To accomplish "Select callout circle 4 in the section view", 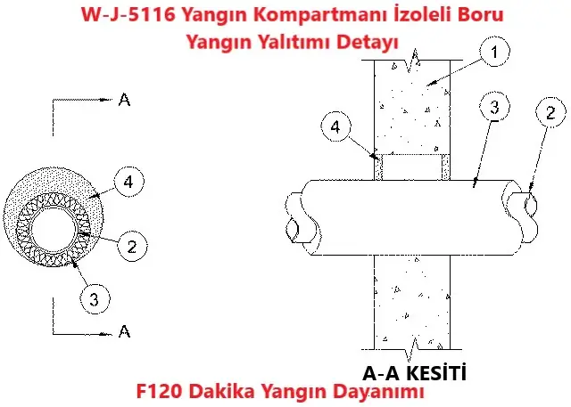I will click(x=335, y=128).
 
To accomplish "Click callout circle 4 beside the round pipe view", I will click(x=128, y=183).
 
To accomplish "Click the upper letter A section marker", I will click(x=124, y=100).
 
